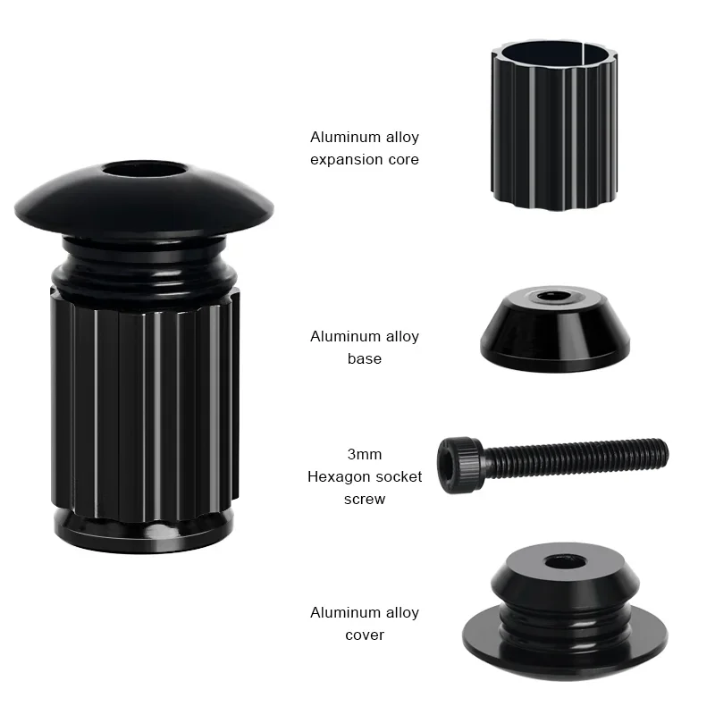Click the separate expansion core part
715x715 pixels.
point(554,134)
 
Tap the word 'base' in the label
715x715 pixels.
point(364,358)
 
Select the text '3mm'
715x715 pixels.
point(364,454)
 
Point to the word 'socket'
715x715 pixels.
point(398,476)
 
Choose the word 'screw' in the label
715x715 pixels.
point(364,499)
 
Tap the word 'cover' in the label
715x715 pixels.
point(364,635)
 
